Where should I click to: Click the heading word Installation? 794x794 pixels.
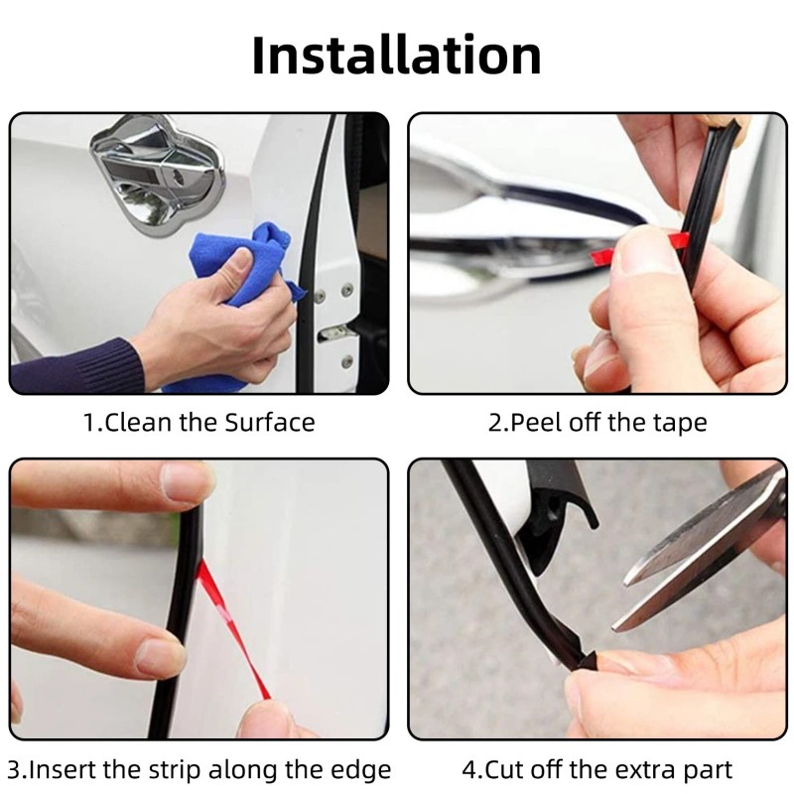(396, 55)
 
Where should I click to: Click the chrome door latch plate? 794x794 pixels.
(157, 172)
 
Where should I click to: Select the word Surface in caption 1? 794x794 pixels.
(270, 423)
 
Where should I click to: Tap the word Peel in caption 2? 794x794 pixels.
(535, 423)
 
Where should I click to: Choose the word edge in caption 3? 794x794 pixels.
(360, 771)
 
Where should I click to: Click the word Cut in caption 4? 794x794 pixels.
(503, 770)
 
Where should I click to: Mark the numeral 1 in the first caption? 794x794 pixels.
(89, 423)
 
